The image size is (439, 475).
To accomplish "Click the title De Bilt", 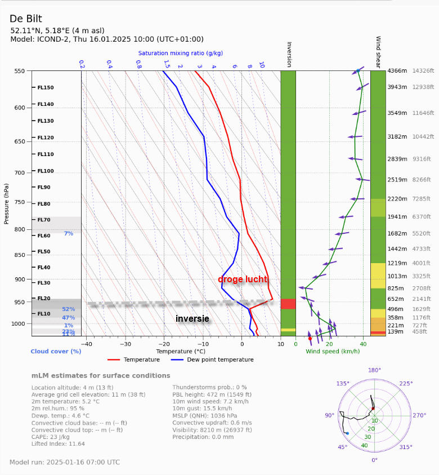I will [26, 19].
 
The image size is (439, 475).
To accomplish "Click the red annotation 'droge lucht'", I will [243, 279].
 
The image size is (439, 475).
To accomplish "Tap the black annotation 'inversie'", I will [192, 319].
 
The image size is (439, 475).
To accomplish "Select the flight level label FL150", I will [46, 88].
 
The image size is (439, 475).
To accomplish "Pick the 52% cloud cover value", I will [68, 309].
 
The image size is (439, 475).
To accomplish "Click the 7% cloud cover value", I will [68, 233].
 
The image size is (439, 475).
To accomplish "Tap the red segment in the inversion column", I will [288, 304].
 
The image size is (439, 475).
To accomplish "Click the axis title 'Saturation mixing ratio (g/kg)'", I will [180, 53].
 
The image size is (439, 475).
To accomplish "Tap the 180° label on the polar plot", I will [374, 370].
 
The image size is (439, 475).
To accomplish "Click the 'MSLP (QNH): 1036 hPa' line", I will [205, 416].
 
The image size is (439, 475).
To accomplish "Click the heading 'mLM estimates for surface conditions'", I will [101, 375].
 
